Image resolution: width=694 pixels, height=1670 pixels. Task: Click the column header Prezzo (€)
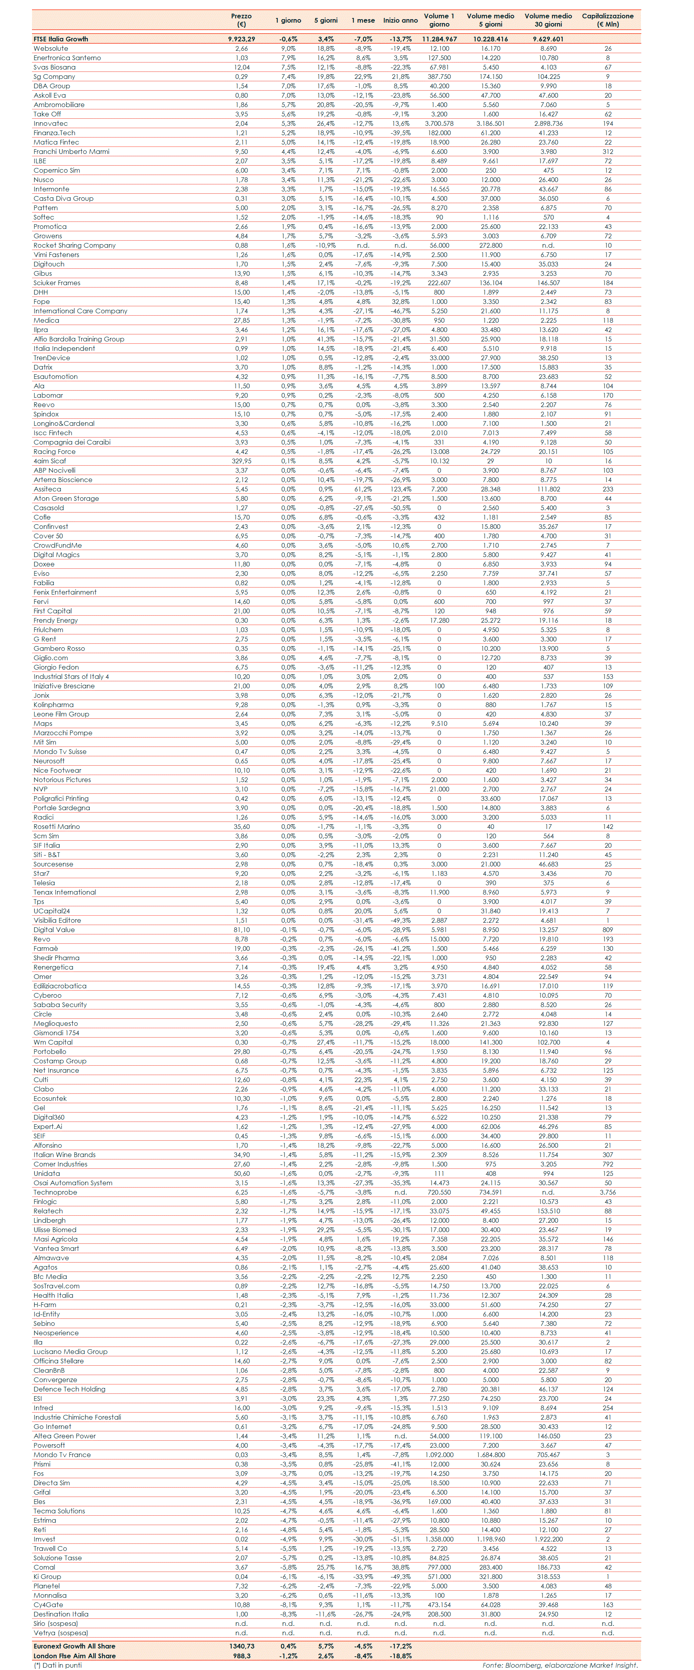(241, 20)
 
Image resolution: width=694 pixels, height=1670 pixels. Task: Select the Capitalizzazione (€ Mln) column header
(607, 20)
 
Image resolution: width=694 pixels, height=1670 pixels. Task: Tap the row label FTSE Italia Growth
(61, 39)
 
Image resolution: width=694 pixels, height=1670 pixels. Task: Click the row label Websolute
(50, 48)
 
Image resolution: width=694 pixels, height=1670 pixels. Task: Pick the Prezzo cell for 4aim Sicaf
(241, 461)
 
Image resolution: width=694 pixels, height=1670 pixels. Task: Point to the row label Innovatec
(50, 123)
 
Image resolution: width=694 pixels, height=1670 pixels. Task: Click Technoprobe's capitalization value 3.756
(607, 1192)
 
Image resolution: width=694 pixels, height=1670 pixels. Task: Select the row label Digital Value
(54, 930)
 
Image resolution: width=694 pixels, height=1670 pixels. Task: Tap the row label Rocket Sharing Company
(75, 245)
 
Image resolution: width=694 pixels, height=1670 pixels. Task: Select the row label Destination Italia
(61, 1614)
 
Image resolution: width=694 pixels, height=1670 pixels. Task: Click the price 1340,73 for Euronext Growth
(241, 1646)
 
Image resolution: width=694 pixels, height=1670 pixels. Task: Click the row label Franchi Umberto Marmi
(71, 152)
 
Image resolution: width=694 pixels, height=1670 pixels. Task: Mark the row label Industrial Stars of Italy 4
(71, 676)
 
